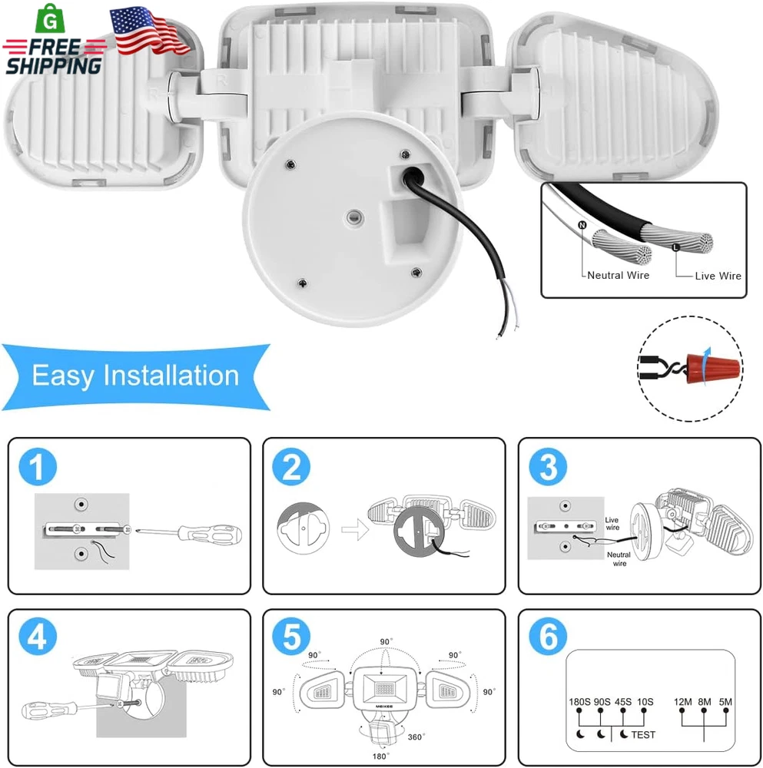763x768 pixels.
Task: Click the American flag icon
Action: point(149,31)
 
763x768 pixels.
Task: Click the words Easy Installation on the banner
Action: point(135,376)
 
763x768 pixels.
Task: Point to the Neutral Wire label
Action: point(618,275)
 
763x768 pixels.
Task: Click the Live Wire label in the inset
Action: point(718,276)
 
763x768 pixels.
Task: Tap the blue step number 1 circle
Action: point(38,466)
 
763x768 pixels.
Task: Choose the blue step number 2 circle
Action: point(291,466)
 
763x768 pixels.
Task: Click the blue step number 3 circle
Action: point(548,466)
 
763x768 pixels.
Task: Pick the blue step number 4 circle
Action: point(38,637)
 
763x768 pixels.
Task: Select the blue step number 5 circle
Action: point(291,637)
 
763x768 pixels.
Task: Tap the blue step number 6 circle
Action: point(548,637)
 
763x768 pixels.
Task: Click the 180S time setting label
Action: point(579,702)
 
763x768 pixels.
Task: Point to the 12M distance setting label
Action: point(682,702)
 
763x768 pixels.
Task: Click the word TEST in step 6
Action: point(643,735)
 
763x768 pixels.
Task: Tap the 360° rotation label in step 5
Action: point(416,737)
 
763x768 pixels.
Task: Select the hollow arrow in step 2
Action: point(355,529)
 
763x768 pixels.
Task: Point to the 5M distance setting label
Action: point(725,702)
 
